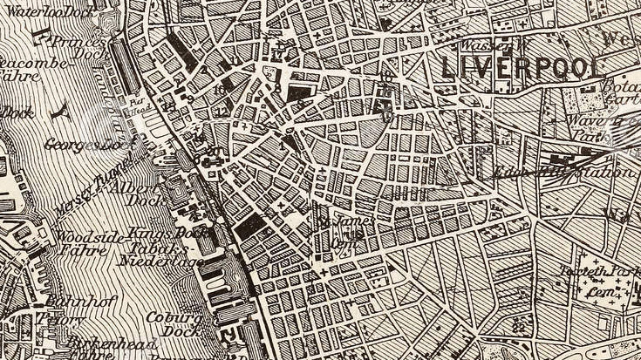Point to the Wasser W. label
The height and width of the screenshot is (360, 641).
[x=485, y=44]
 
